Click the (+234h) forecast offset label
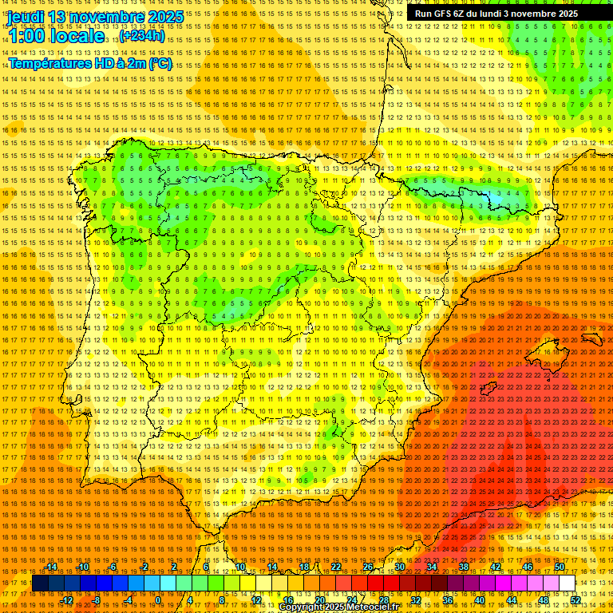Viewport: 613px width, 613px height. [142, 36]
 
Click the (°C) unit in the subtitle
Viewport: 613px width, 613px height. [160, 63]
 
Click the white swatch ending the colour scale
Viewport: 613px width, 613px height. [567, 583]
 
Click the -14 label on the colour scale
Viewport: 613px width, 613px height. [52, 567]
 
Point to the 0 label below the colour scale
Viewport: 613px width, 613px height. [158, 599]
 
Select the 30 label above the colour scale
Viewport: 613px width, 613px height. [399, 567]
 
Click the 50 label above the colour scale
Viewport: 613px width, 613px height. [560, 567]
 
